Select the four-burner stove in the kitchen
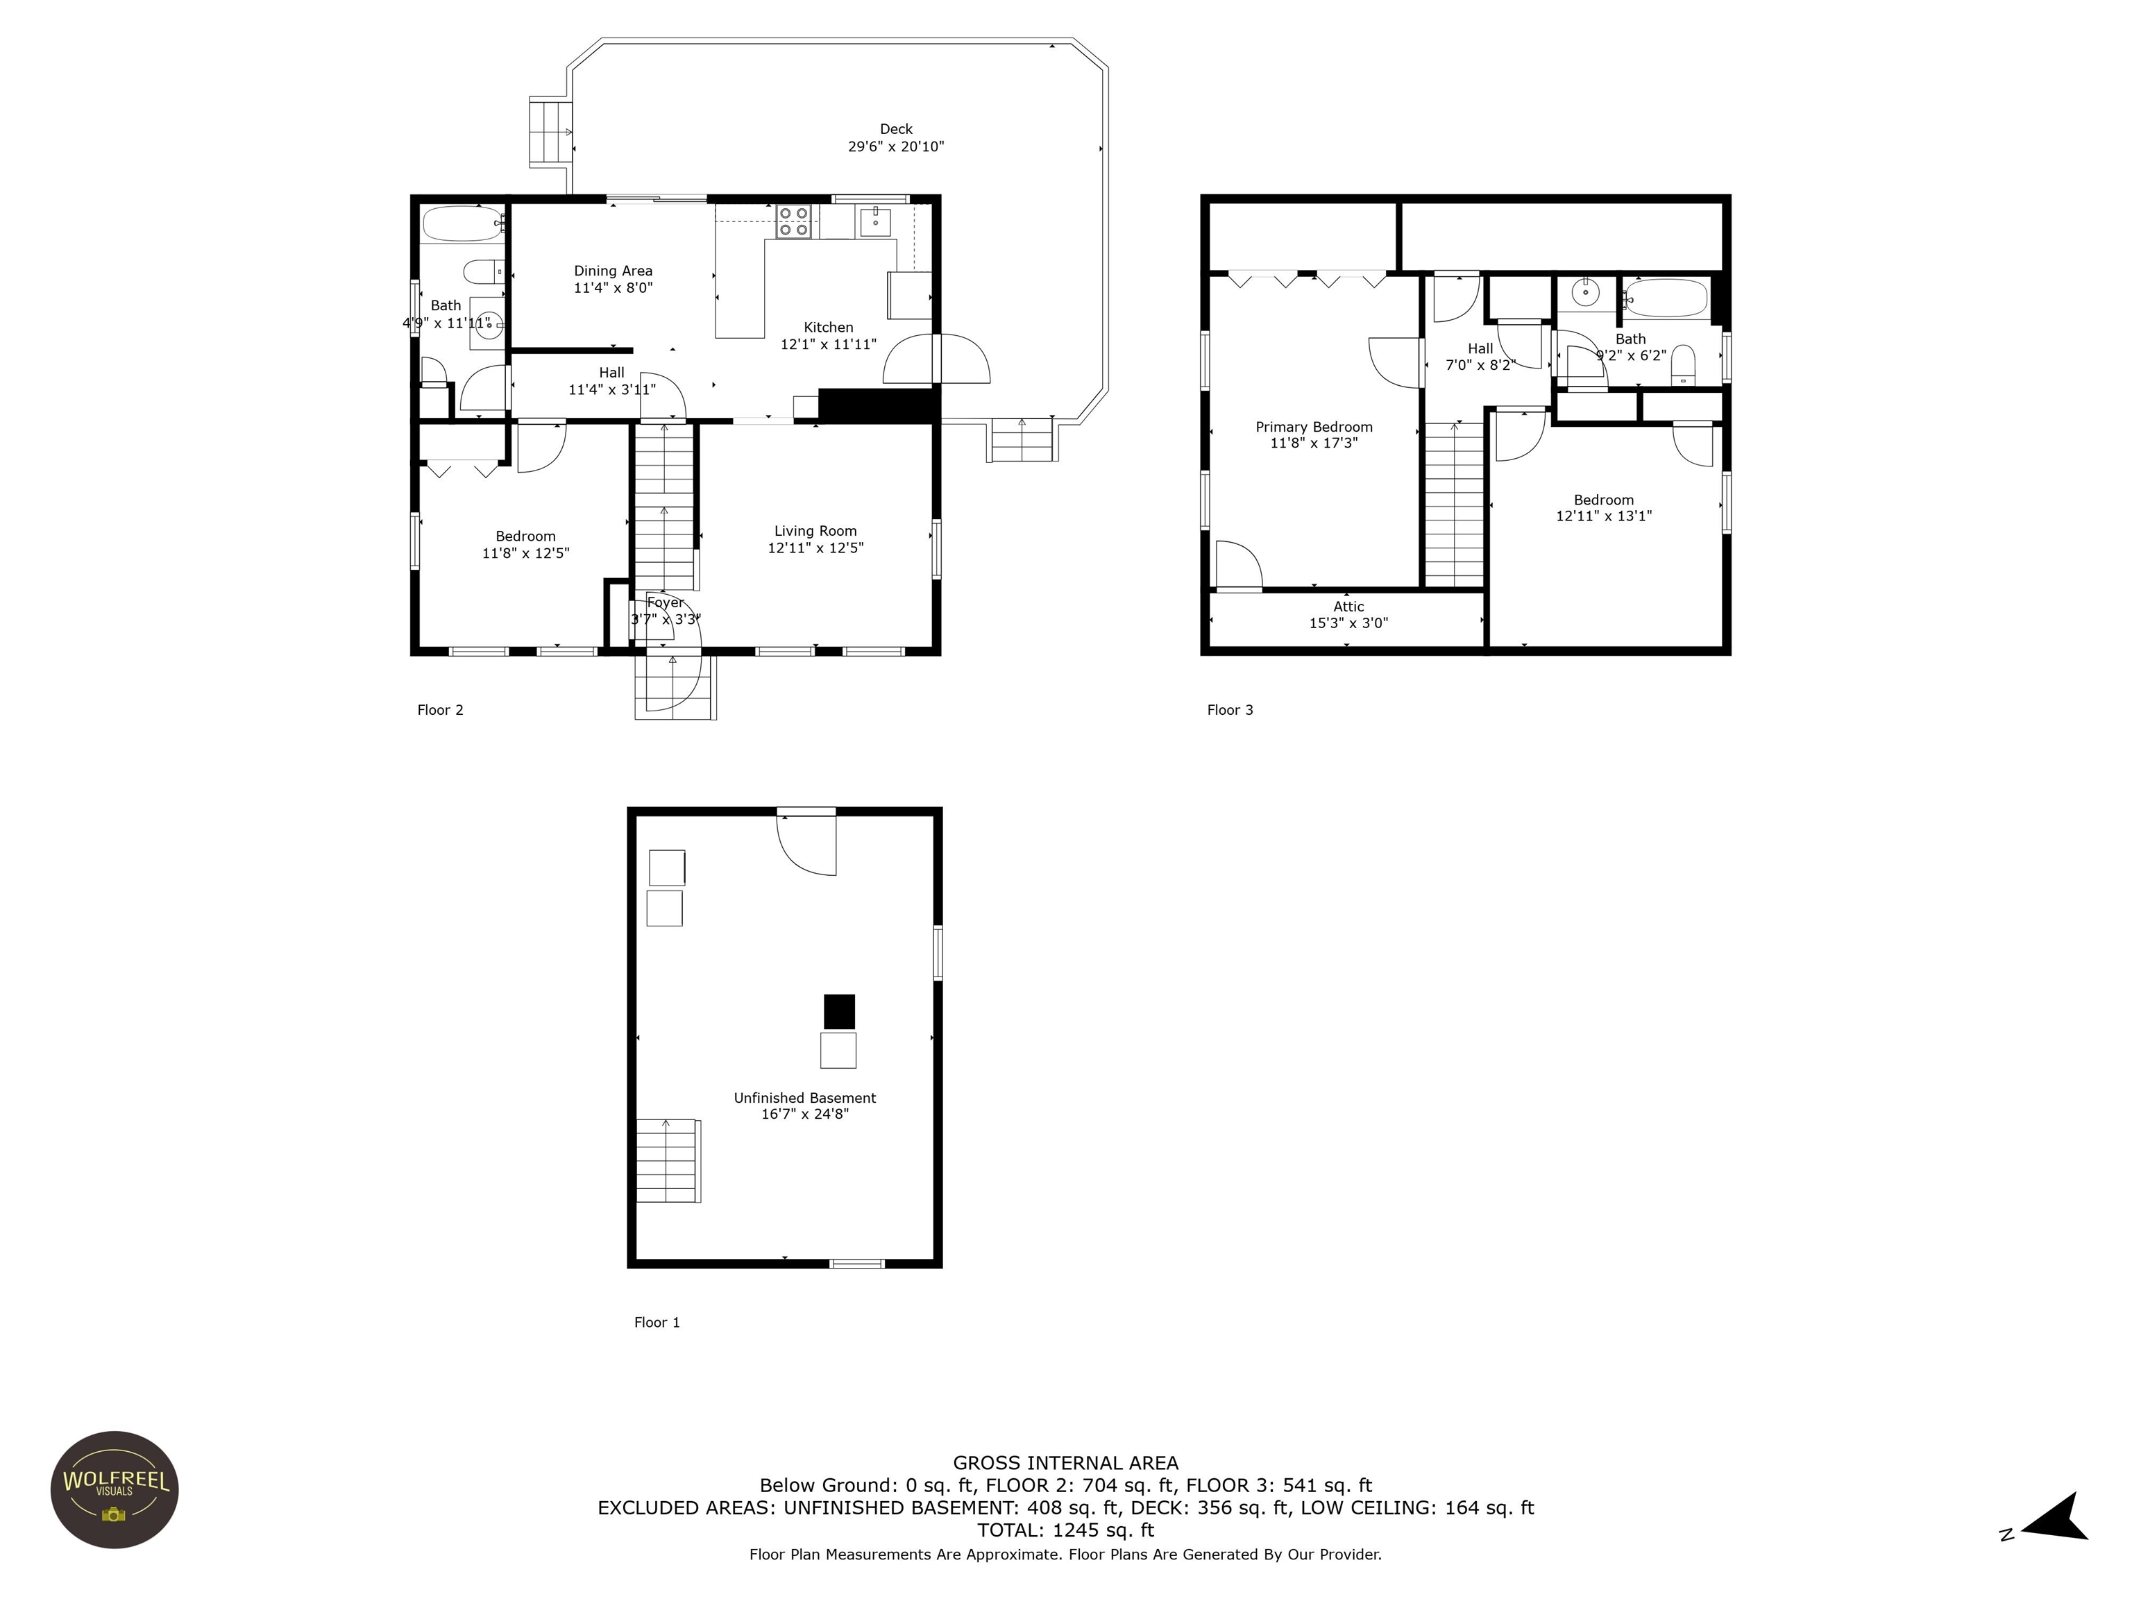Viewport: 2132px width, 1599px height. tap(794, 221)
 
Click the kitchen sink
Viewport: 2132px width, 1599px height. tap(875, 221)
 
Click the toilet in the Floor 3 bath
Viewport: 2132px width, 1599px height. tap(1683, 364)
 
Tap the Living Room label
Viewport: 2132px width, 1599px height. tap(815, 531)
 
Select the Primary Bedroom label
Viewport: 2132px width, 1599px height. tap(1314, 427)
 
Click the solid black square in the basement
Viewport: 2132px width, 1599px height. tap(838, 1012)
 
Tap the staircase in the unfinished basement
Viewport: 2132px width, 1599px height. tap(668, 1160)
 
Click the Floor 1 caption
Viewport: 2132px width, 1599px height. tap(657, 1322)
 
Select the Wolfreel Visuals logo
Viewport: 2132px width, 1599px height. tap(115, 1489)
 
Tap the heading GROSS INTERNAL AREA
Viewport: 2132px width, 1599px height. tap(1065, 1463)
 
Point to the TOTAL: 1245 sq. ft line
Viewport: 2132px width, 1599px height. tap(1065, 1530)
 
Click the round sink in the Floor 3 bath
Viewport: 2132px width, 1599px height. tap(1586, 291)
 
